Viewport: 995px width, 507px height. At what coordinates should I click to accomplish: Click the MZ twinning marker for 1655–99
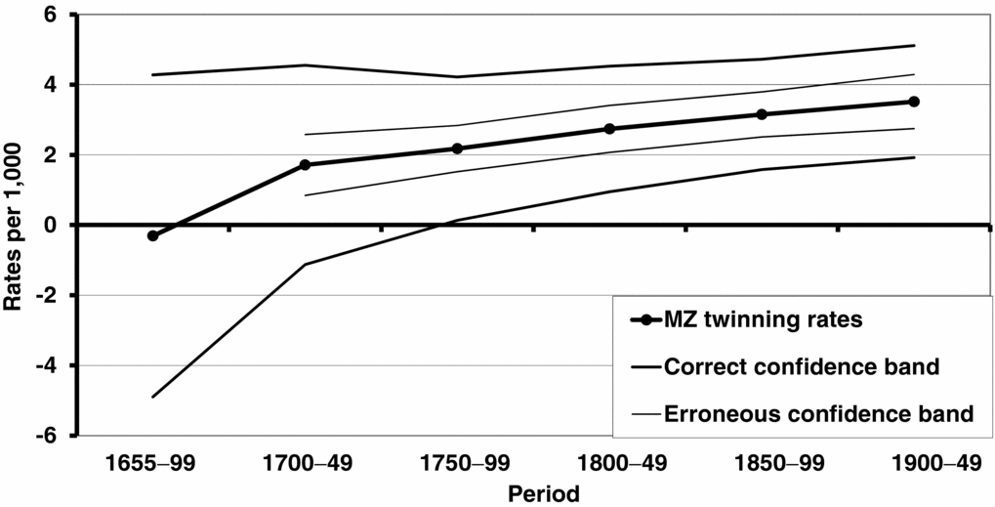coord(152,235)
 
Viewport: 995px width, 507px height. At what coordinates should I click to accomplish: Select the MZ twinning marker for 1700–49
coord(305,165)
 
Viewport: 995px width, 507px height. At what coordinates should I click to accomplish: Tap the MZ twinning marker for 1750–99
coord(457,148)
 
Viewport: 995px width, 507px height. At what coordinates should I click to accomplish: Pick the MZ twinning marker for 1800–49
coord(609,129)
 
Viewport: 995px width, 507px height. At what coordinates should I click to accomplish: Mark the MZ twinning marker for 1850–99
coord(762,114)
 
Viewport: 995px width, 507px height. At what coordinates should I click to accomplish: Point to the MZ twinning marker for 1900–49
coord(914,102)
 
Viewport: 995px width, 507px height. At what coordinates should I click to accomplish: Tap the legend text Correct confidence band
coord(801,367)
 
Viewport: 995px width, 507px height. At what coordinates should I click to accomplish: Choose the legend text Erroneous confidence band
coord(817,413)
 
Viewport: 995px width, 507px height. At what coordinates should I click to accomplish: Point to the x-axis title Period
coord(543,492)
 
